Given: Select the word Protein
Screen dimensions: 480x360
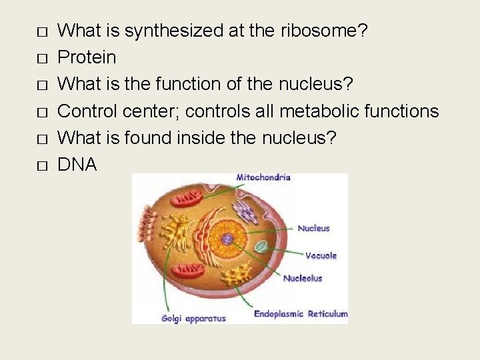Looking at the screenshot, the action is tap(87, 57).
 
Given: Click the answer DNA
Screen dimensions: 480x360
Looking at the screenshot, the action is tap(77, 164).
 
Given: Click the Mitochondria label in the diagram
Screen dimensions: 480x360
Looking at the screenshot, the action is tap(263, 178).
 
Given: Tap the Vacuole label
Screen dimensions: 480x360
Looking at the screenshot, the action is tap(321, 255).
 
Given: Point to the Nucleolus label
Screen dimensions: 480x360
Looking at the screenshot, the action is tap(303, 278).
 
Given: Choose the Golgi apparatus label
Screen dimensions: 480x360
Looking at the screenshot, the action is tap(193, 318).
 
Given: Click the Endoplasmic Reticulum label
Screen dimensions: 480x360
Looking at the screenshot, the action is tap(301, 313).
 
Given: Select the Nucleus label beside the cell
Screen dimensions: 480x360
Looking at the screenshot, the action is tap(313, 228).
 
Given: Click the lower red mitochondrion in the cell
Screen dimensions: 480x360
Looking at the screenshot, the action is tap(187, 269).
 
